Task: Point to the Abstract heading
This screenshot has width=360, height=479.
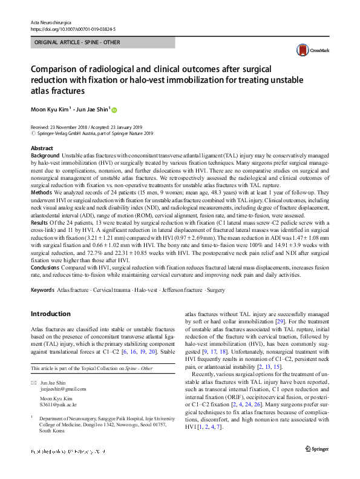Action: (42, 148)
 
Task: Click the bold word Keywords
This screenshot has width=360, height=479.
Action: (42, 291)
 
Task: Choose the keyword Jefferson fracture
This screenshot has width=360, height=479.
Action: (182, 291)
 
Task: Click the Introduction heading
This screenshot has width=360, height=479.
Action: (50, 314)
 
